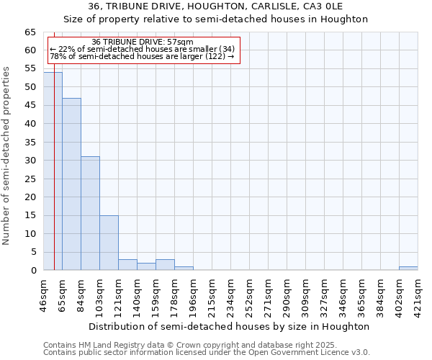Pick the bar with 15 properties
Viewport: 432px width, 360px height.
[109, 243]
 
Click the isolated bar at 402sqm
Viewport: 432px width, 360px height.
[408, 269]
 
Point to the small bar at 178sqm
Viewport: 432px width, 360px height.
[184, 269]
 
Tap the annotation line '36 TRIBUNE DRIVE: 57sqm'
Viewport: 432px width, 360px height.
[143, 42]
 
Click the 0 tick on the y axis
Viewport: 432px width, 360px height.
[32, 271]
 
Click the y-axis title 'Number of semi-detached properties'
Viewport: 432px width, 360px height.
[7, 155]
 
